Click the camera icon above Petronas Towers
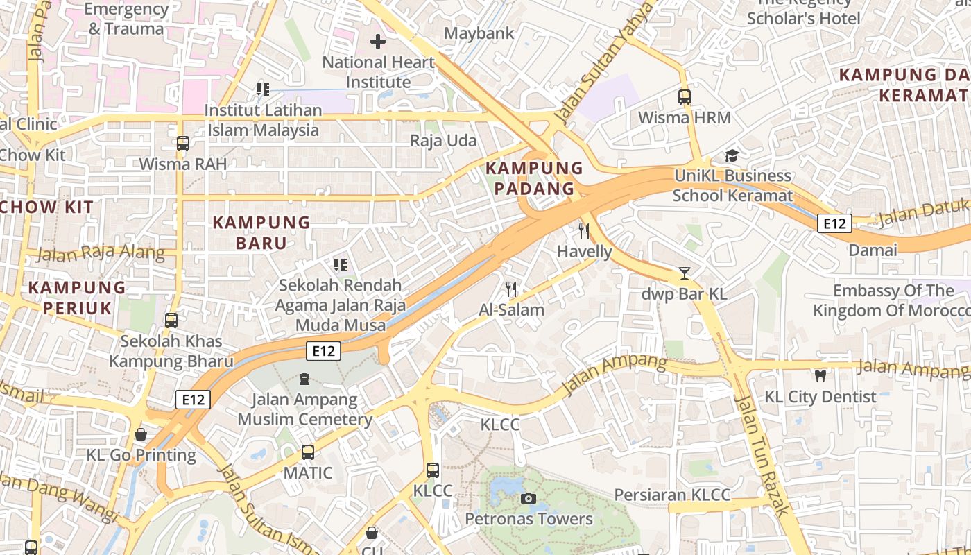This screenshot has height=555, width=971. pyautogui.click(x=528, y=498)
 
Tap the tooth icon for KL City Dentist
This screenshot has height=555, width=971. pyautogui.click(x=820, y=376)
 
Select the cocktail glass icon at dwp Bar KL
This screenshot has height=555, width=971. pyautogui.click(x=685, y=273)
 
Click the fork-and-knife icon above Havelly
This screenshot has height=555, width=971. pyautogui.click(x=584, y=231)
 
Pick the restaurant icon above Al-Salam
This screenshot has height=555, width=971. pyautogui.click(x=511, y=289)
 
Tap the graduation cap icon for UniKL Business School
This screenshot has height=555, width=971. pyautogui.click(x=732, y=155)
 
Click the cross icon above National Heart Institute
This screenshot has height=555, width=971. pyautogui.click(x=378, y=42)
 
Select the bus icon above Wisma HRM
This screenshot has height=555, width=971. pyautogui.click(x=685, y=97)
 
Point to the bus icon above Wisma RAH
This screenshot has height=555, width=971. pyautogui.click(x=183, y=144)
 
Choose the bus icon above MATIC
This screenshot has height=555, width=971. pyautogui.click(x=308, y=452)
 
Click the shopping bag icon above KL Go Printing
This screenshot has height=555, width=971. pyautogui.click(x=141, y=434)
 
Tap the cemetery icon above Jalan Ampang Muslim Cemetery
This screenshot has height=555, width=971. pyautogui.click(x=304, y=379)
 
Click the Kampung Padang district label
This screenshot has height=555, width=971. pyautogui.click(x=534, y=178)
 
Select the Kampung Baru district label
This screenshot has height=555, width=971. pyautogui.click(x=261, y=232)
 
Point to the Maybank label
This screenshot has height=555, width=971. pyautogui.click(x=479, y=33)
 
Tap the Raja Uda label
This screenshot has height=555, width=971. pyautogui.click(x=443, y=141)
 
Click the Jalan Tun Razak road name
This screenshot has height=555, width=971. pyautogui.click(x=762, y=456)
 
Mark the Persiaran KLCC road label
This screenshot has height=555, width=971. pyautogui.click(x=672, y=495)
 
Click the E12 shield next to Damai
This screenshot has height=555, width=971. pyautogui.click(x=834, y=223)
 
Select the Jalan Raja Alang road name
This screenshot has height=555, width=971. pyautogui.click(x=101, y=253)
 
